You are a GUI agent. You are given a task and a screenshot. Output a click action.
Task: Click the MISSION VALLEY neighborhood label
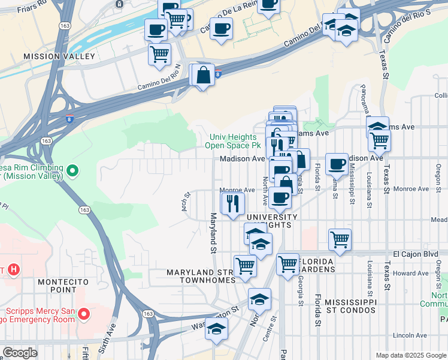pyautogui.click(x=59, y=56)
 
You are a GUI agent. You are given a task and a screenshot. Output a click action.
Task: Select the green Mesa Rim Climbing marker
pyautogui.click(x=72, y=172)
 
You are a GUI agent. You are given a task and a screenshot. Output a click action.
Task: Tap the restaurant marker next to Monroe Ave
pyautogui.click(x=233, y=203)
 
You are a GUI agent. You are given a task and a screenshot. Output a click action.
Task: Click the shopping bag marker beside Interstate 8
pyautogui.click(x=204, y=75)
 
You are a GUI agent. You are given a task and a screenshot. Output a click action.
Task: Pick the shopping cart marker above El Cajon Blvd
pyautogui.click(x=340, y=239)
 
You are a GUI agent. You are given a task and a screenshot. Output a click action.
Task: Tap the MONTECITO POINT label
pyautogui.click(x=63, y=286)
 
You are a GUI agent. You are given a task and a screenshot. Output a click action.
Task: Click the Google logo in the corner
pyautogui.click(x=19, y=353)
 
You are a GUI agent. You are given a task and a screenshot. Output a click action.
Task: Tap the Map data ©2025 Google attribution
pyautogui.click(x=410, y=355)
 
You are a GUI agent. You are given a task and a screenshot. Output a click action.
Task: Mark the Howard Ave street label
pyautogui.click(x=411, y=273)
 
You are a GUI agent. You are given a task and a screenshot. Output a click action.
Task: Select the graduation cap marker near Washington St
pyautogui.click(x=216, y=329)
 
